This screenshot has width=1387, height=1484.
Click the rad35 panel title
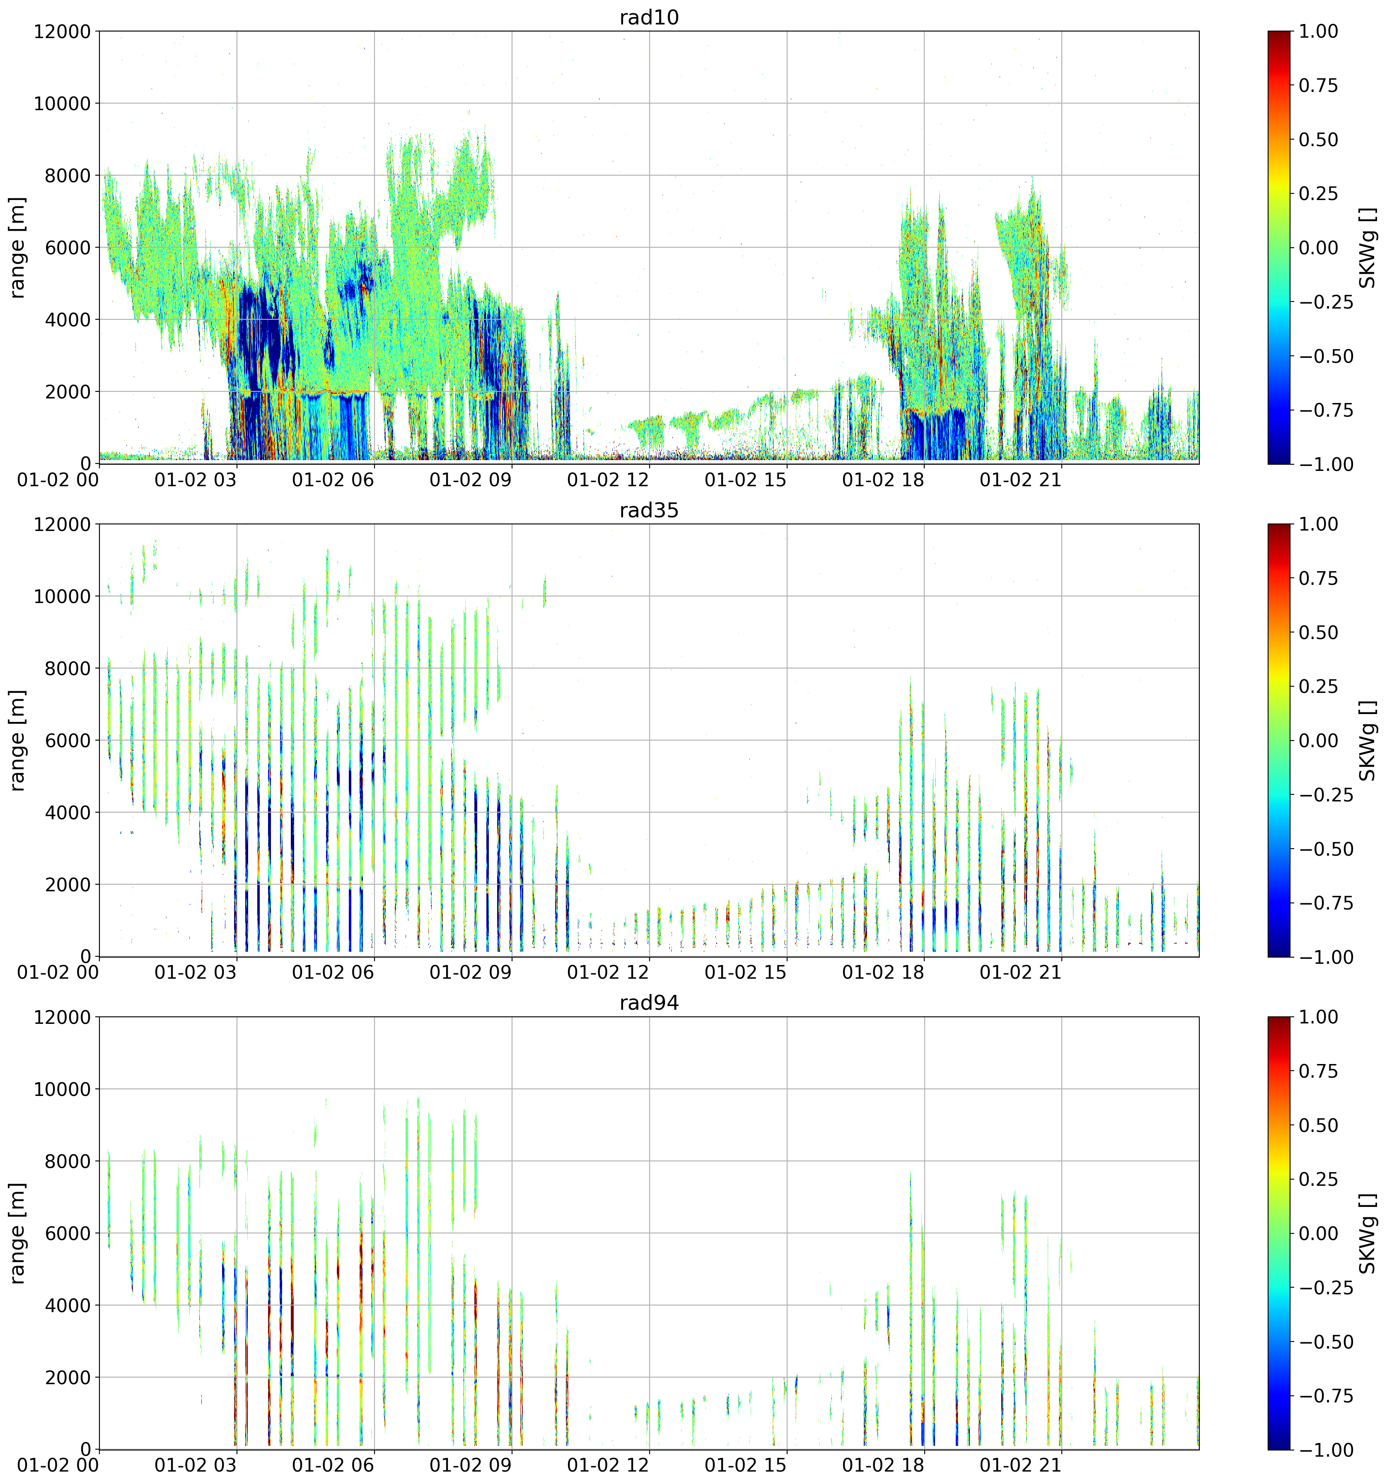click(649, 511)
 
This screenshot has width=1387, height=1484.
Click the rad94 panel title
click(649, 1003)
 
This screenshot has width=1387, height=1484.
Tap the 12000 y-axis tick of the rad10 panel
click(62, 31)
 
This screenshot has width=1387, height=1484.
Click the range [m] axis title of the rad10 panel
click(17, 248)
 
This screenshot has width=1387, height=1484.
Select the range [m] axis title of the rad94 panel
click(17, 1233)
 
